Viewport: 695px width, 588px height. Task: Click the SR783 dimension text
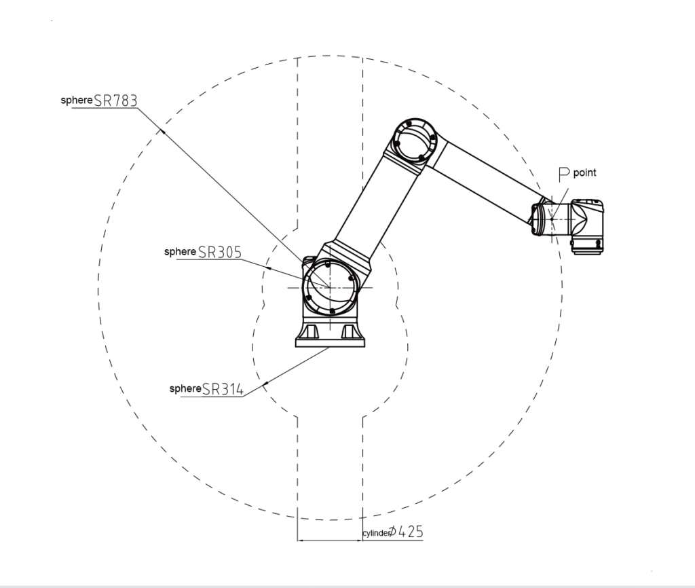click(116, 100)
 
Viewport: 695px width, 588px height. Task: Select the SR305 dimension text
click(220, 251)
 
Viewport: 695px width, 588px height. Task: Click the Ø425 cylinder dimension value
click(410, 532)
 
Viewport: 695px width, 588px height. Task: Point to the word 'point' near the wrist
click(584, 173)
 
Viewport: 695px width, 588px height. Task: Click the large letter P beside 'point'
click(563, 174)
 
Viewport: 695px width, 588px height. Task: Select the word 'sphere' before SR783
click(76, 100)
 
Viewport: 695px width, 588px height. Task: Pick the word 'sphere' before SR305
click(180, 251)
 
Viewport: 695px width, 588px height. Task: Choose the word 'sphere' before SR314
click(185, 388)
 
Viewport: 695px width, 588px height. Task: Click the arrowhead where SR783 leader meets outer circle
click(163, 130)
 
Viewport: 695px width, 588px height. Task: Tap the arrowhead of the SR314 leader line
click(265, 384)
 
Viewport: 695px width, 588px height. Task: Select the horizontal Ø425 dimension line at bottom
click(329, 541)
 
